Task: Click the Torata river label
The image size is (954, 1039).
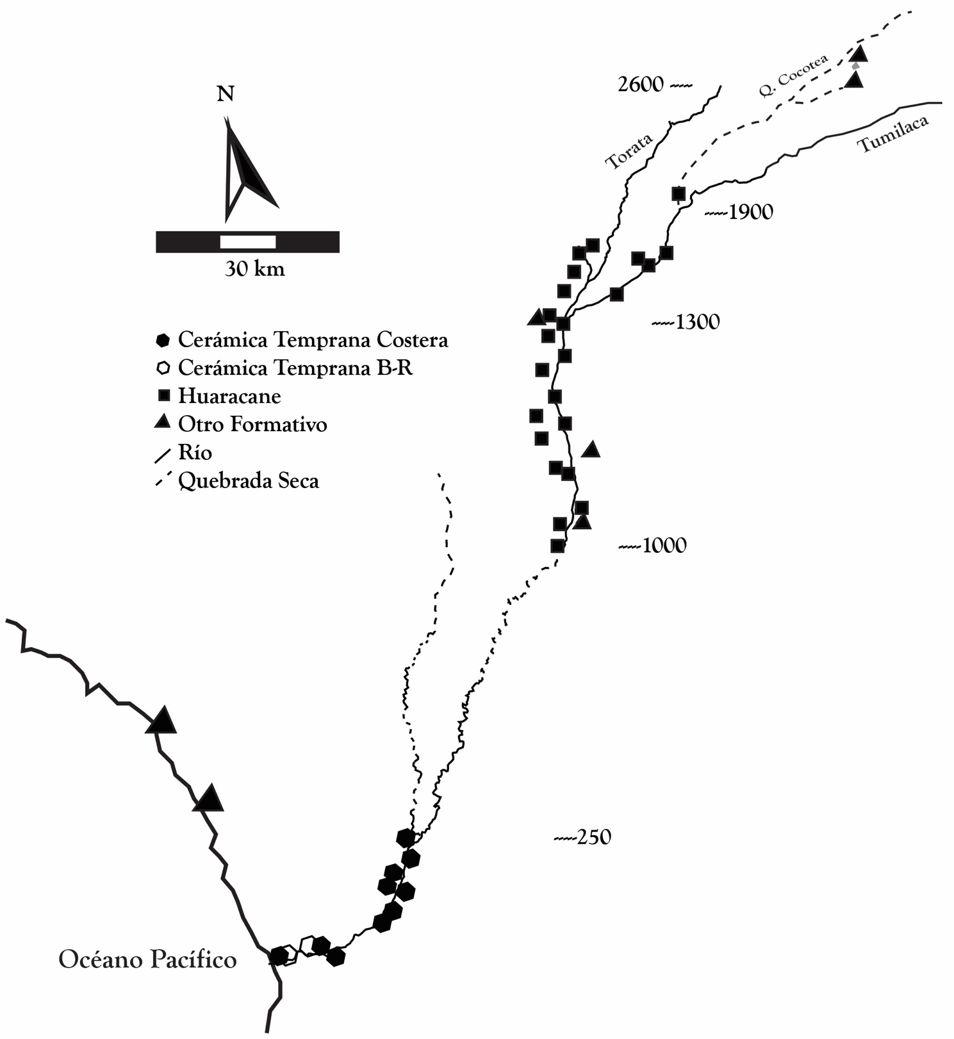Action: [629, 151]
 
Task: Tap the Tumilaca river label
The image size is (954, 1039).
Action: [893, 134]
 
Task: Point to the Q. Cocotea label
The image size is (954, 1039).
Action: [793, 76]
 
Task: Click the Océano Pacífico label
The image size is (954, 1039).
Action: [147, 960]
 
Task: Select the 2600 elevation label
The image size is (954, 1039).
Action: [640, 85]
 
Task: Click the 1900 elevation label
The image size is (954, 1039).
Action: [750, 212]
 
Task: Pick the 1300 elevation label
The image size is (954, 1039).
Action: [697, 322]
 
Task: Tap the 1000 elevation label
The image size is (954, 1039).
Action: [664, 546]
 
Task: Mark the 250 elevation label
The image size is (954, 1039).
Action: [593, 837]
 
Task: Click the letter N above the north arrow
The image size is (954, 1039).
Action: [226, 94]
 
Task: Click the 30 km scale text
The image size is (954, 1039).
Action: [254, 269]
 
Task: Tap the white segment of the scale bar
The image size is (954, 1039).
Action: [248, 242]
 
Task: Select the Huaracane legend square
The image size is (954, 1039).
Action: [163, 395]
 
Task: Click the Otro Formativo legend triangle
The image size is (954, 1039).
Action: [163, 422]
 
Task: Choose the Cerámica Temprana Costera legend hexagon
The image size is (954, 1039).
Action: [163, 340]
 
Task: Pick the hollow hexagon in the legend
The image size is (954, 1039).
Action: [163, 368]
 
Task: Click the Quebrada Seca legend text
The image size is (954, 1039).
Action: [248, 480]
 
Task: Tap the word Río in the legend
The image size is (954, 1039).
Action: [195, 452]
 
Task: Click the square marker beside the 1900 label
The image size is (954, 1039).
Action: [678, 193]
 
